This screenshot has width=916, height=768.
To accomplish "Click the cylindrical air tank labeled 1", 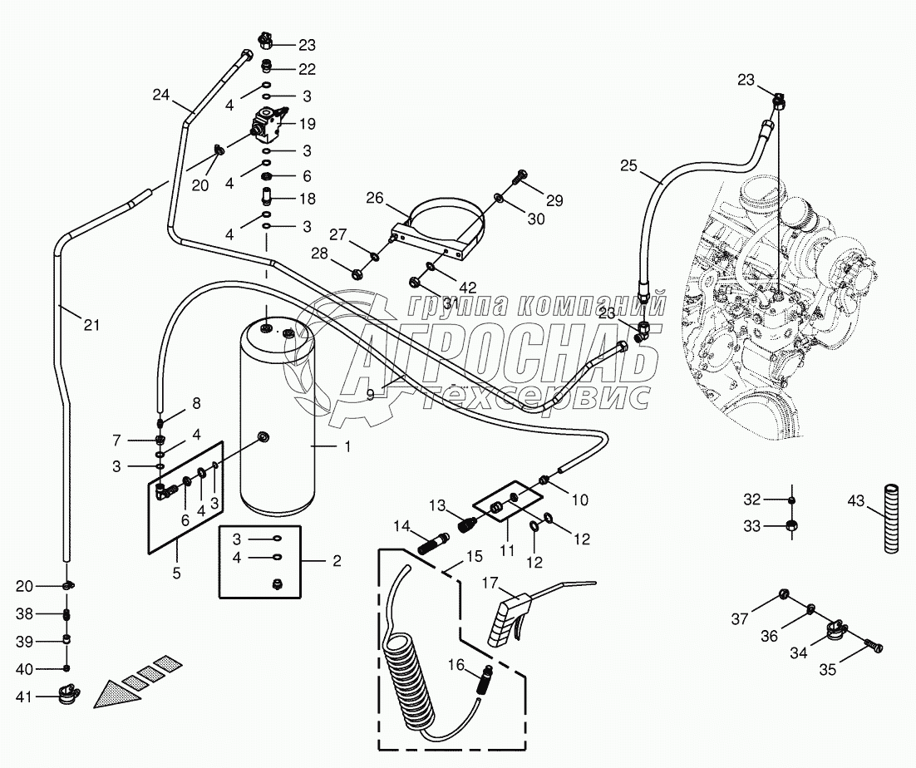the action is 278,420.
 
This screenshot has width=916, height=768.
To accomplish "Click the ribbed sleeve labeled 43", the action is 891,517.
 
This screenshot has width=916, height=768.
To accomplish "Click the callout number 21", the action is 91,325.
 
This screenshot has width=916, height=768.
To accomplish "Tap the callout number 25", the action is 628,166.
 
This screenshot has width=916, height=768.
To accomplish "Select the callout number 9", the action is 370,395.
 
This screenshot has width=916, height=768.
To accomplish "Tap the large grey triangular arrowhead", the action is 119,694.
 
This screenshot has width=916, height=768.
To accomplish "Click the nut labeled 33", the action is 791,524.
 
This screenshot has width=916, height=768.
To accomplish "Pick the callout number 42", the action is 468,288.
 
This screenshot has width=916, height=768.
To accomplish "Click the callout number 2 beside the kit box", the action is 337,561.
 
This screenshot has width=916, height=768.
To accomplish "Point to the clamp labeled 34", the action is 837,632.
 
